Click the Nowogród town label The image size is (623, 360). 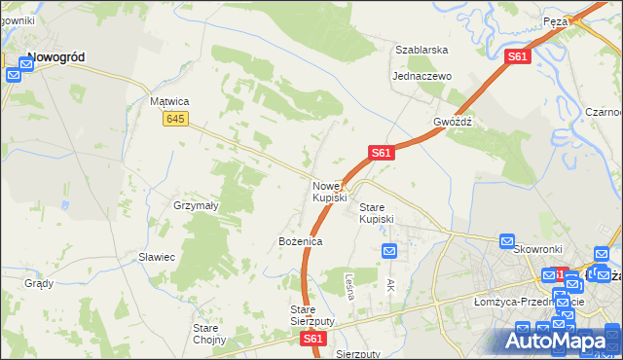pyautogui.click(x=55, y=57)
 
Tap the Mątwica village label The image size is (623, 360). pyautogui.click(x=168, y=101)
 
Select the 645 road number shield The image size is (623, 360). pyautogui.click(x=175, y=119)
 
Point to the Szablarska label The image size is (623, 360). pyautogui.click(x=421, y=50)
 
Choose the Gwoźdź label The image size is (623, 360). pyautogui.click(x=453, y=123)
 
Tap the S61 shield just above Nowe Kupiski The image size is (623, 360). pyautogui.click(x=381, y=153)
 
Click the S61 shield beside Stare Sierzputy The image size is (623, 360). pyautogui.click(x=311, y=339)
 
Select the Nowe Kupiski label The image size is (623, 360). pyautogui.click(x=329, y=192)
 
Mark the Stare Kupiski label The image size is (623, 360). pyautogui.click(x=377, y=213)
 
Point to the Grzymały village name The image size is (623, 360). pyautogui.click(x=196, y=206)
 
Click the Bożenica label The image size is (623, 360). pyautogui.click(x=300, y=240)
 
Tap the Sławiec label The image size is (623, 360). pyautogui.click(x=156, y=257)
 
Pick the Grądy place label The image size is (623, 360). pyautogui.click(x=39, y=284)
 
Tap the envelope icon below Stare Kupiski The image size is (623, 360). pyautogui.click(x=389, y=252)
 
